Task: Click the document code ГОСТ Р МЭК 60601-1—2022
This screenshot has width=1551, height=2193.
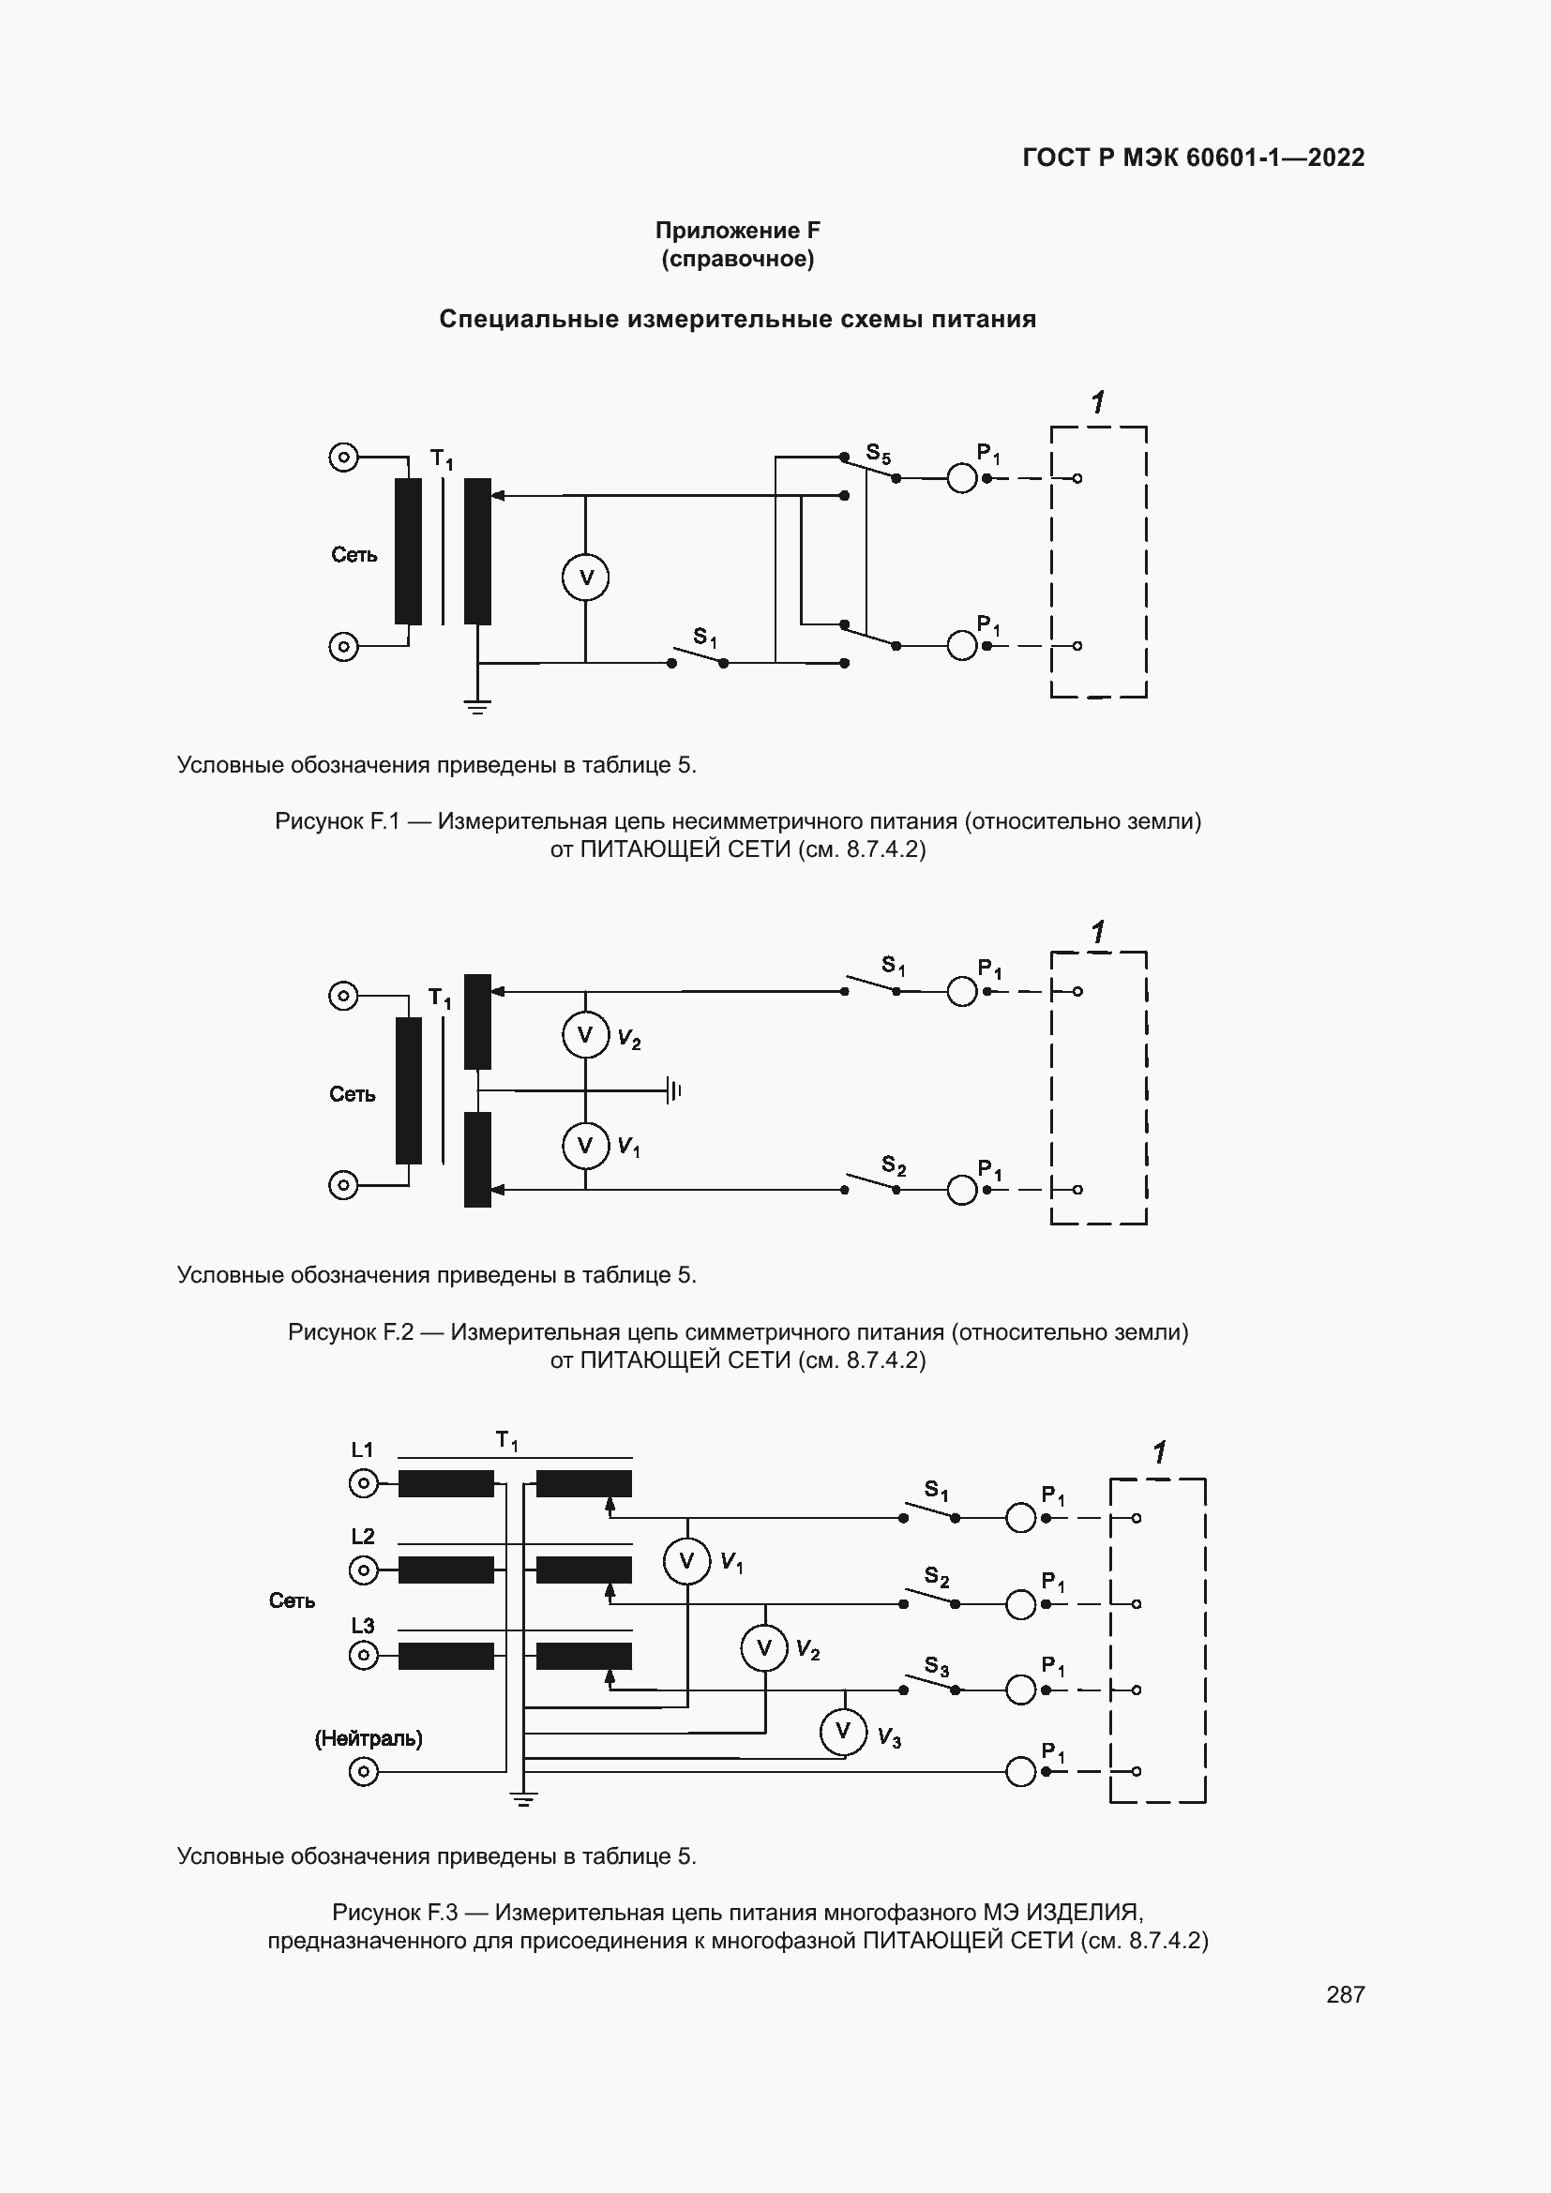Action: tap(1193, 158)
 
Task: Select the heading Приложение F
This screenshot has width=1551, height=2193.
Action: tap(737, 231)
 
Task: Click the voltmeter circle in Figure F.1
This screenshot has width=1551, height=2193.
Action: tap(585, 577)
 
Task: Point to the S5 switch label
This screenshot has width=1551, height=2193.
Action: tap(878, 453)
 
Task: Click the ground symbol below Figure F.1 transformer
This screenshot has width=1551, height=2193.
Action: tap(477, 708)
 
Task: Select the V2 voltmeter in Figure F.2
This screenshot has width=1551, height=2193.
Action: tap(585, 1035)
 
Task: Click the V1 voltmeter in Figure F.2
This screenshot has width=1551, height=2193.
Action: tap(585, 1145)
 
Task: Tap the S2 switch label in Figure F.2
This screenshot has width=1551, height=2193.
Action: tap(893, 1165)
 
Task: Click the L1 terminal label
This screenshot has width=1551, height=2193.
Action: tap(363, 1449)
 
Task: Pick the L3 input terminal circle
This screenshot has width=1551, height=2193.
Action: tap(363, 1655)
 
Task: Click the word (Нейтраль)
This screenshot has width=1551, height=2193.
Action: tap(369, 1738)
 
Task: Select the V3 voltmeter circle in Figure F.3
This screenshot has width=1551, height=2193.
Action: tap(843, 1732)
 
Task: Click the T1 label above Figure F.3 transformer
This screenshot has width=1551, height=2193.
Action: tap(506, 1440)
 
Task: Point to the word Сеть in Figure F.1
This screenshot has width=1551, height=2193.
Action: tap(354, 555)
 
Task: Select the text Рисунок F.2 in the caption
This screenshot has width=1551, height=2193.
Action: tap(351, 1331)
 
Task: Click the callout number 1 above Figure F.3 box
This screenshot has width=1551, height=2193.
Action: tap(1159, 1452)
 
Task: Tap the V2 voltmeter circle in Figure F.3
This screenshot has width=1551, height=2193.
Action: tap(764, 1647)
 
